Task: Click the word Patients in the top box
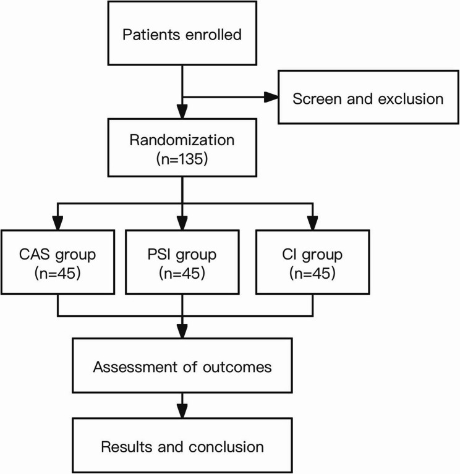[x=151, y=35]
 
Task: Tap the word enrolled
[x=213, y=35]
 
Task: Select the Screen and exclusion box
[x=368, y=97]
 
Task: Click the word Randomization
[x=182, y=140]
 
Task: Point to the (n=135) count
[x=182, y=159]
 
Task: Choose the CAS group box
[x=57, y=262]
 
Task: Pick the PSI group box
[x=182, y=262]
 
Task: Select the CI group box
[x=313, y=262]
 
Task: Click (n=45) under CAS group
[x=57, y=273]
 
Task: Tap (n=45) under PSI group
[x=182, y=273]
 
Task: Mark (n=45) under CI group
[x=312, y=273]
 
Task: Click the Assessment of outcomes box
[x=182, y=365]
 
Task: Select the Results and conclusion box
[x=182, y=446]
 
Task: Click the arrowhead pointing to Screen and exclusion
[x=271, y=97]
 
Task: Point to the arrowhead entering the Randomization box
[x=182, y=111]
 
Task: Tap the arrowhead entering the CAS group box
[x=57, y=223]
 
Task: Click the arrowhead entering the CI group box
[x=313, y=223]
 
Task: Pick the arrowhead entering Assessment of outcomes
[x=182, y=331]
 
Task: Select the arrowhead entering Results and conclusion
[x=182, y=411]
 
